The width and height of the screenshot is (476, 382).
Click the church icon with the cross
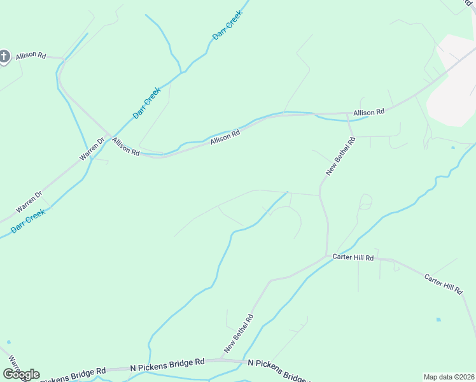click(4, 57)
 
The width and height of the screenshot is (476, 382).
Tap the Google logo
click(22, 374)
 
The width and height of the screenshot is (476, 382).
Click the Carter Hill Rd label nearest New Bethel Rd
click(353, 257)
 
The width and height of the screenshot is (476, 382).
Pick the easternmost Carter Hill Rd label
click(444, 284)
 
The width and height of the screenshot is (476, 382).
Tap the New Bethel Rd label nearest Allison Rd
click(340, 155)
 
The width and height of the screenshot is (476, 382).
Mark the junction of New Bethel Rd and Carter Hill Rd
click(328, 257)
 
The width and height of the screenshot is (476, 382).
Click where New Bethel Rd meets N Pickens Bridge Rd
click(220, 362)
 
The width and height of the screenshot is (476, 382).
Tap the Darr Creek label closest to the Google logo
click(27, 221)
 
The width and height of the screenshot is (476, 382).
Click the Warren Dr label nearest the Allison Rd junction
click(91, 148)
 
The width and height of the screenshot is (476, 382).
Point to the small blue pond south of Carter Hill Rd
click(438, 318)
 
